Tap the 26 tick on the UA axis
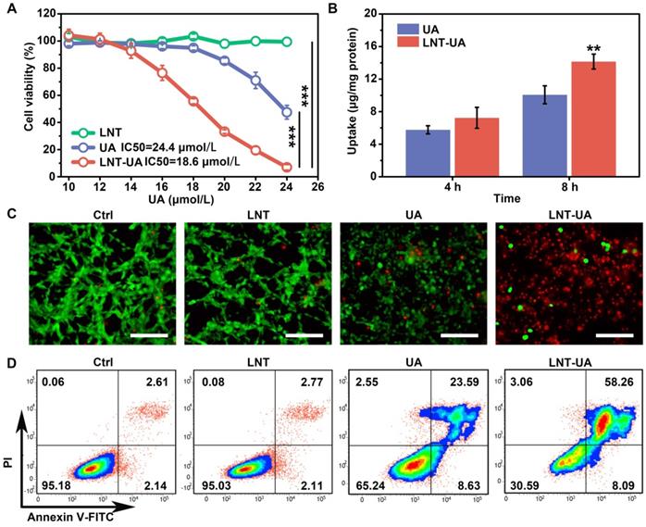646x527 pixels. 317,188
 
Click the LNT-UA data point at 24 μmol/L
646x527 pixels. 287,168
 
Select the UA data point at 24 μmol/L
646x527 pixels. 287,112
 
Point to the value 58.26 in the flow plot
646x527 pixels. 615,379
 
